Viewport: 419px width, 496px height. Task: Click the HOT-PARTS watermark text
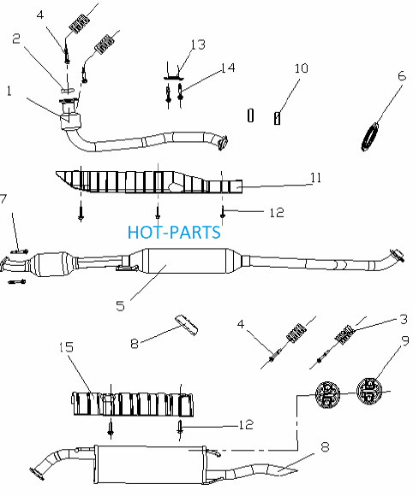click(174, 233)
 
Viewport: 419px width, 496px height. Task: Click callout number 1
click(9, 92)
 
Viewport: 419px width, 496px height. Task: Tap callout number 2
click(16, 38)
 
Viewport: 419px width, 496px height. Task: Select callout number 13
click(198, 44)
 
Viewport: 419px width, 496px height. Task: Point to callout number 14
click(228, 68)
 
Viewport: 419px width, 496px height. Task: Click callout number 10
click(301, 68)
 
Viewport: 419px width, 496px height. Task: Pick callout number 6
click(402, 76)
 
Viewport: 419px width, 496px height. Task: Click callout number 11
click(315, 178)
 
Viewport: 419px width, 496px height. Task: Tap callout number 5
click(120, 306)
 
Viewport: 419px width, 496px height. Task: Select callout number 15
click(66, 347)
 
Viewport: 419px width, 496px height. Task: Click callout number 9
click(405, 340)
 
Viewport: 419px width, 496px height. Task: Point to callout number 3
click(404, 320)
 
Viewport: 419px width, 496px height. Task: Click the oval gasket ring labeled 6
click(370, 137)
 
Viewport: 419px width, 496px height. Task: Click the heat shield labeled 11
click(149, 182)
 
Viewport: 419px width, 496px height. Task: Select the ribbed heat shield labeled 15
click(133, 404)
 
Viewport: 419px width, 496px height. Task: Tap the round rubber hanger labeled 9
click(369, 391)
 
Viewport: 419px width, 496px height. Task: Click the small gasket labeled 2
click(68, 91)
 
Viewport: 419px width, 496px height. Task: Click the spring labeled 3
click(344, 334)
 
